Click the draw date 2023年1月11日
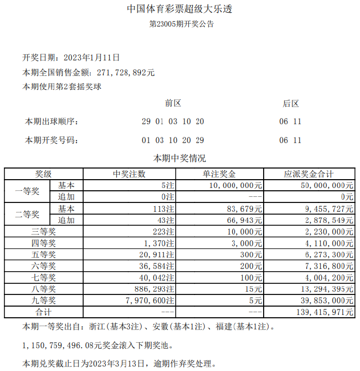pos(92,58)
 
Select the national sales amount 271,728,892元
pos(125,73)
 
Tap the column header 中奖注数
pos(129,174)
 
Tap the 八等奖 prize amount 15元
pos(254,289)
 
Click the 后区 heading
pos(291,103)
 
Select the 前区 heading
pos(173,103)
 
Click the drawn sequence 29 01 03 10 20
pos(173,121)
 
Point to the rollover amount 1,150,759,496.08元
pos(58,345)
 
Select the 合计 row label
pos(43,312)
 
